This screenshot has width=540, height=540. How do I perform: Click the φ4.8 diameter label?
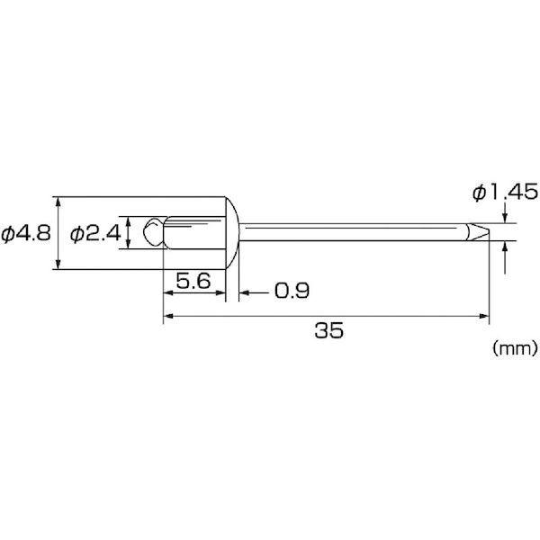click(x=26, y=233)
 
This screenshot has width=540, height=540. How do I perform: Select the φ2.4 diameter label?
click(x=95, y=233)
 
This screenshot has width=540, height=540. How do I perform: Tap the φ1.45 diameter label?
click(x=505, y=192)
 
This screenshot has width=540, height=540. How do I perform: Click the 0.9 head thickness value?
click(x=292, y=291)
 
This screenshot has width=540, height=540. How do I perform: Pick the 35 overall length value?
click(x=328, y=330)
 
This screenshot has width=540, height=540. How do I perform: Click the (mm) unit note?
click(x=515, y=349)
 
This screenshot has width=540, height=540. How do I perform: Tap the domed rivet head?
click(x=232, y=233)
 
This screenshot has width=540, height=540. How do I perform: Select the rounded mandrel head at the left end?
click(x=153, y=231)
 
